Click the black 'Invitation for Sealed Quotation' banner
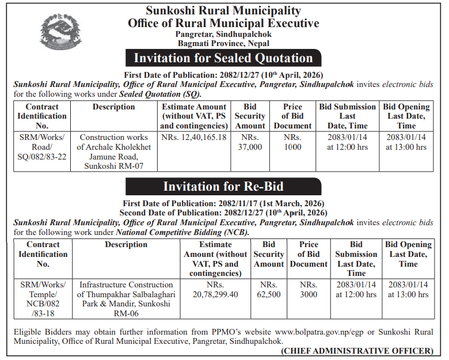(223, 58)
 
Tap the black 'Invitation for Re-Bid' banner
(223, 187)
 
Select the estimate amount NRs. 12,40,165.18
(194, 138)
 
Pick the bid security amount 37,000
(250, 142)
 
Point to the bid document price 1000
(292, 142)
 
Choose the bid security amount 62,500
(269, 290)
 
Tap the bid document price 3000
(309, 290)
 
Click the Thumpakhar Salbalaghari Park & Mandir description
(126, 299)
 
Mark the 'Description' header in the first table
(113, 107)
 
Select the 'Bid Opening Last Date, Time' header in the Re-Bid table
(408, 254)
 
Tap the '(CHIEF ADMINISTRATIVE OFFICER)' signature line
(357, 350)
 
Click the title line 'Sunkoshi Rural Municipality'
(223, 11)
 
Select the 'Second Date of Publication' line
(223, 213)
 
